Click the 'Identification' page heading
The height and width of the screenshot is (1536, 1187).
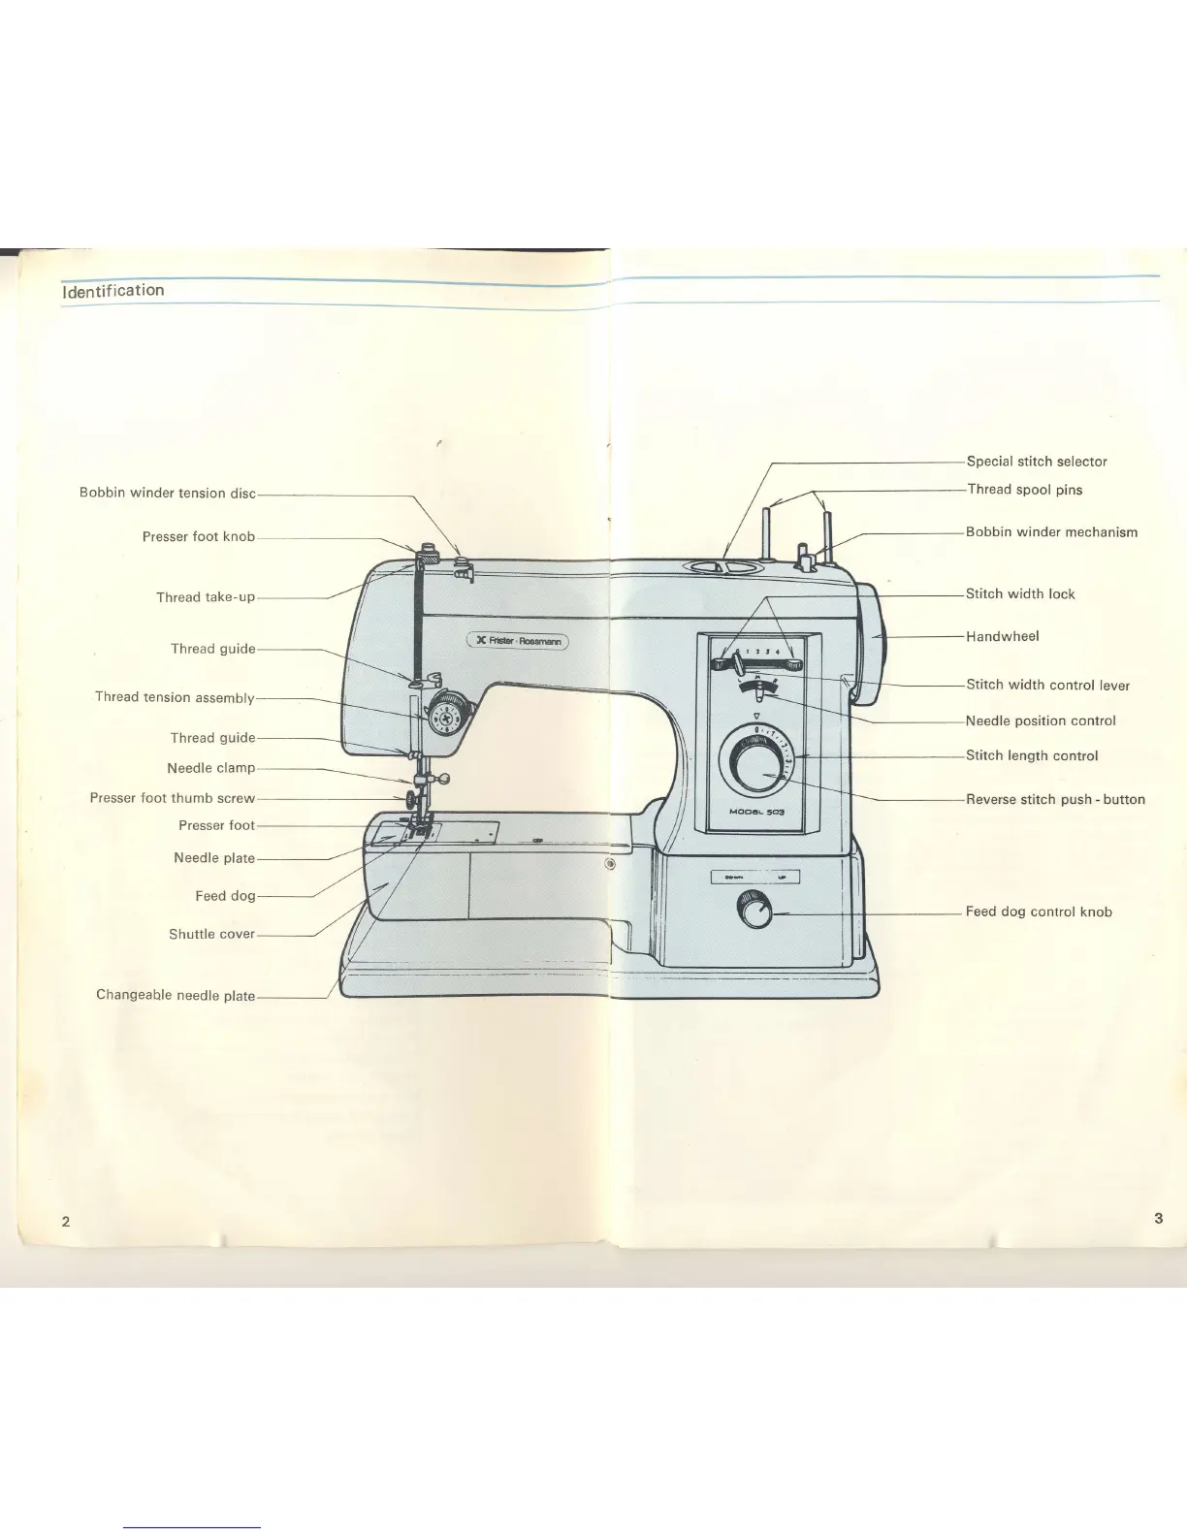(112, 291)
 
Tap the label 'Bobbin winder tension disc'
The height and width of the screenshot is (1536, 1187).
(167, 493)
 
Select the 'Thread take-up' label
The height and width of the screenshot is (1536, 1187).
(206, 597)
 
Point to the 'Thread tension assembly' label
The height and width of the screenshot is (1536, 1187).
(175, 697)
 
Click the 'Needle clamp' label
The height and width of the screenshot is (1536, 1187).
(210, 768)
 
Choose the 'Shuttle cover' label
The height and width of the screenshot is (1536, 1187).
(211, 934)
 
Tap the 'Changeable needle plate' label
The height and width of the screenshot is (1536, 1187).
(176, 995)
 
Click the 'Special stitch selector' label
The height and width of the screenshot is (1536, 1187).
(1037, 462)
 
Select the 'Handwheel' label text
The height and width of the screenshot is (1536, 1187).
(1002, 636)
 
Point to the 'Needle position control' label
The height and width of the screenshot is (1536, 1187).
(1041, 720)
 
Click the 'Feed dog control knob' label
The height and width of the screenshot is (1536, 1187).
(1039, 912)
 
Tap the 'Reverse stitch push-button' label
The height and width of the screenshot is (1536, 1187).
(1055, 799)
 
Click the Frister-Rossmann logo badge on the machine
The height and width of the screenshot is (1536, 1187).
(517, 640)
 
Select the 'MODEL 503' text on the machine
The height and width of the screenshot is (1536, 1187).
(756, 812)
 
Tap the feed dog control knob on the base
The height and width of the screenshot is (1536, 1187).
(754, 912)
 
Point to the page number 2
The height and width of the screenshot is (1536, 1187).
(66, 1221)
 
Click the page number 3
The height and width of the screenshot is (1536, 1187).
(1159, 1218)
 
